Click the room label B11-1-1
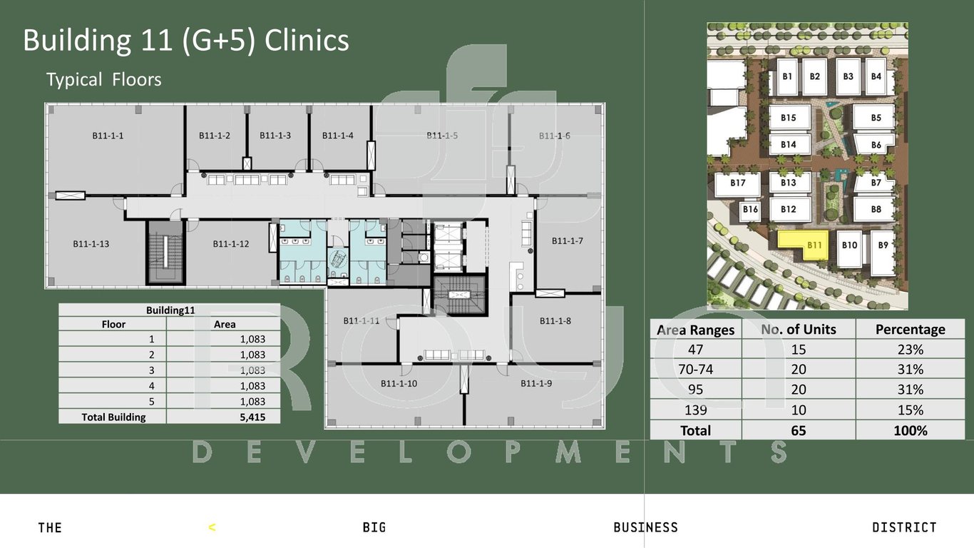(x=108, y=136)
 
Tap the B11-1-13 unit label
(x=91, y=244)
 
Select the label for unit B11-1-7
(x=568, y=240)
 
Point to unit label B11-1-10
(x=399, y=383)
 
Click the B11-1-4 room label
(x=337, y=136)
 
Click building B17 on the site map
(x=738, y=183)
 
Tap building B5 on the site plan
(x=876, y=118)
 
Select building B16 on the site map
(x=750, y=210)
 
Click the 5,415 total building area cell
(x=252, y=417)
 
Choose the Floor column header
(x=113, y=324)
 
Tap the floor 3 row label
(x=151, y=370)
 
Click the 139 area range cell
(x=696, y=410)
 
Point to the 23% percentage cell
(x=910, y=350)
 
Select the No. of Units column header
(x=799, y=330)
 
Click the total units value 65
(x=799, y=430)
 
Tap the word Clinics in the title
(x=307, y=40)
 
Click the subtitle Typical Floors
(x=104, y=80)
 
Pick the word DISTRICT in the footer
(x=904, y=527)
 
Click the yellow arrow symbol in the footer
(x=212, y=528)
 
